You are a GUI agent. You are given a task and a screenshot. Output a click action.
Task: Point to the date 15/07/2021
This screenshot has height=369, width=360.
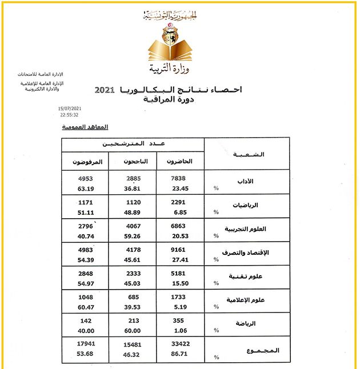click(70, 109)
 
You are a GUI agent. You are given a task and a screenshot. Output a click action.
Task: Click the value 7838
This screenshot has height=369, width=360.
click(179, 178)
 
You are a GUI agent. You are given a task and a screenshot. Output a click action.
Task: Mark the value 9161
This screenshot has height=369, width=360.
click(179, 250)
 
